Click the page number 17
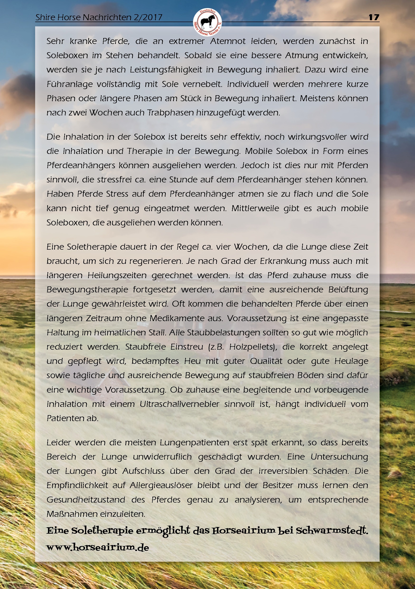pos(374,17)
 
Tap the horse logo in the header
pos(207,22)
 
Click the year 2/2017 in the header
pos(148,17)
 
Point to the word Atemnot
pos(228,41)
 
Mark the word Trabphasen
pos(170,113)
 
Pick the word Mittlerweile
pos(255,208)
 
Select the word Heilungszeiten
pos(117,275)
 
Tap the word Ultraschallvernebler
pos(179,404)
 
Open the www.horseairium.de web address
pos(98,547)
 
